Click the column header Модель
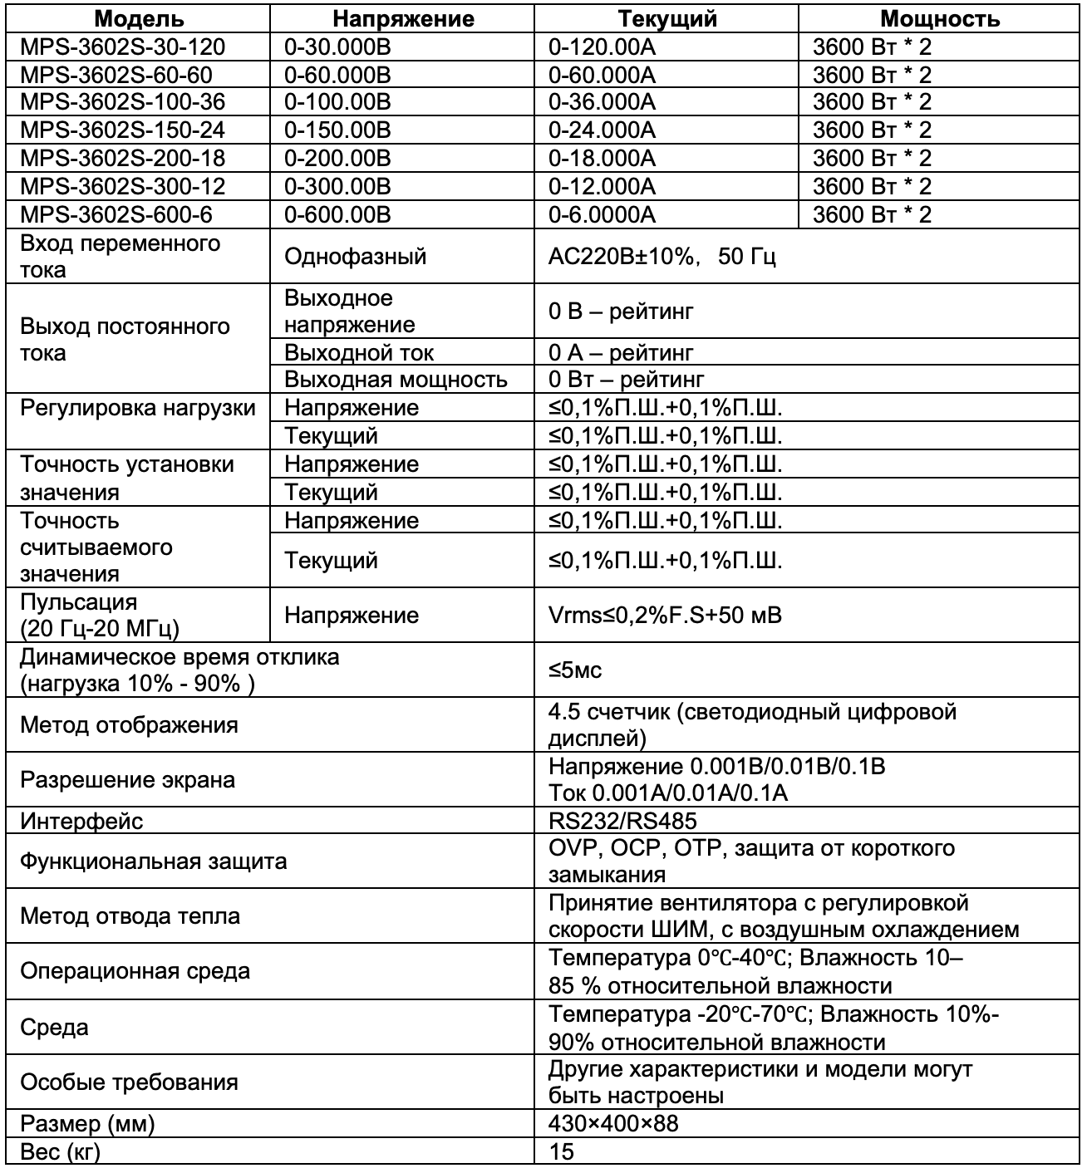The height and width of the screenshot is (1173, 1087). click(138, 18)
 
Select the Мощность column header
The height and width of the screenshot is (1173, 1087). click(939, 18)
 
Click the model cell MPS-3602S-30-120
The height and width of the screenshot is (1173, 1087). click(122, 47)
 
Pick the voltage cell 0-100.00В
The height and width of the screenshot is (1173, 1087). click(337, 102)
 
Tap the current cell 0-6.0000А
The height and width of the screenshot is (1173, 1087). click(602, 215)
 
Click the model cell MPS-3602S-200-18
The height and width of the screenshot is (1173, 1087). click(122, 159)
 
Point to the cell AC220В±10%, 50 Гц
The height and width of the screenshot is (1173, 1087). click(662, 256)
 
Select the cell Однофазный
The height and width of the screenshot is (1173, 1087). click(355, 256)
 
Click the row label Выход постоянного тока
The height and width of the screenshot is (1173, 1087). click(125, 339)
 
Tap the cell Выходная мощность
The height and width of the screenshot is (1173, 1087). click(396, 380)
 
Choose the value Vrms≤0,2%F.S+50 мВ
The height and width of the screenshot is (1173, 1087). click(665, 616)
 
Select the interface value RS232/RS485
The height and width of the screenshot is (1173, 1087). click(622, 822)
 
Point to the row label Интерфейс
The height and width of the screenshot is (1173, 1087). click(81, 822)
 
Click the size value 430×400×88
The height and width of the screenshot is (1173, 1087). click(613, 1124)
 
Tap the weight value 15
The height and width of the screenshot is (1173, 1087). click(561, 1152)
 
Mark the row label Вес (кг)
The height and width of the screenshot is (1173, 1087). click(60, 1152)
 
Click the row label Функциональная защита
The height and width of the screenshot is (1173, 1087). click(153, 861)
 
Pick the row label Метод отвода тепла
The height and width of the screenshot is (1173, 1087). click(130, 916)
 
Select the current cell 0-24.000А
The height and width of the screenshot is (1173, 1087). click(602, 130)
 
